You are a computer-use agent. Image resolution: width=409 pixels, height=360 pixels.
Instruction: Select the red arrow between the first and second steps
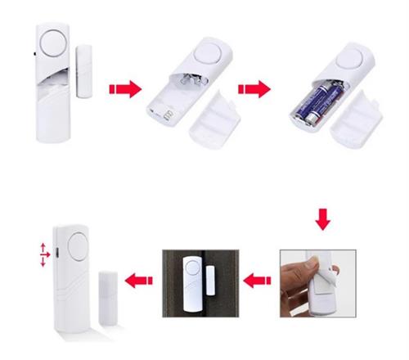click(x=122, y=87)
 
